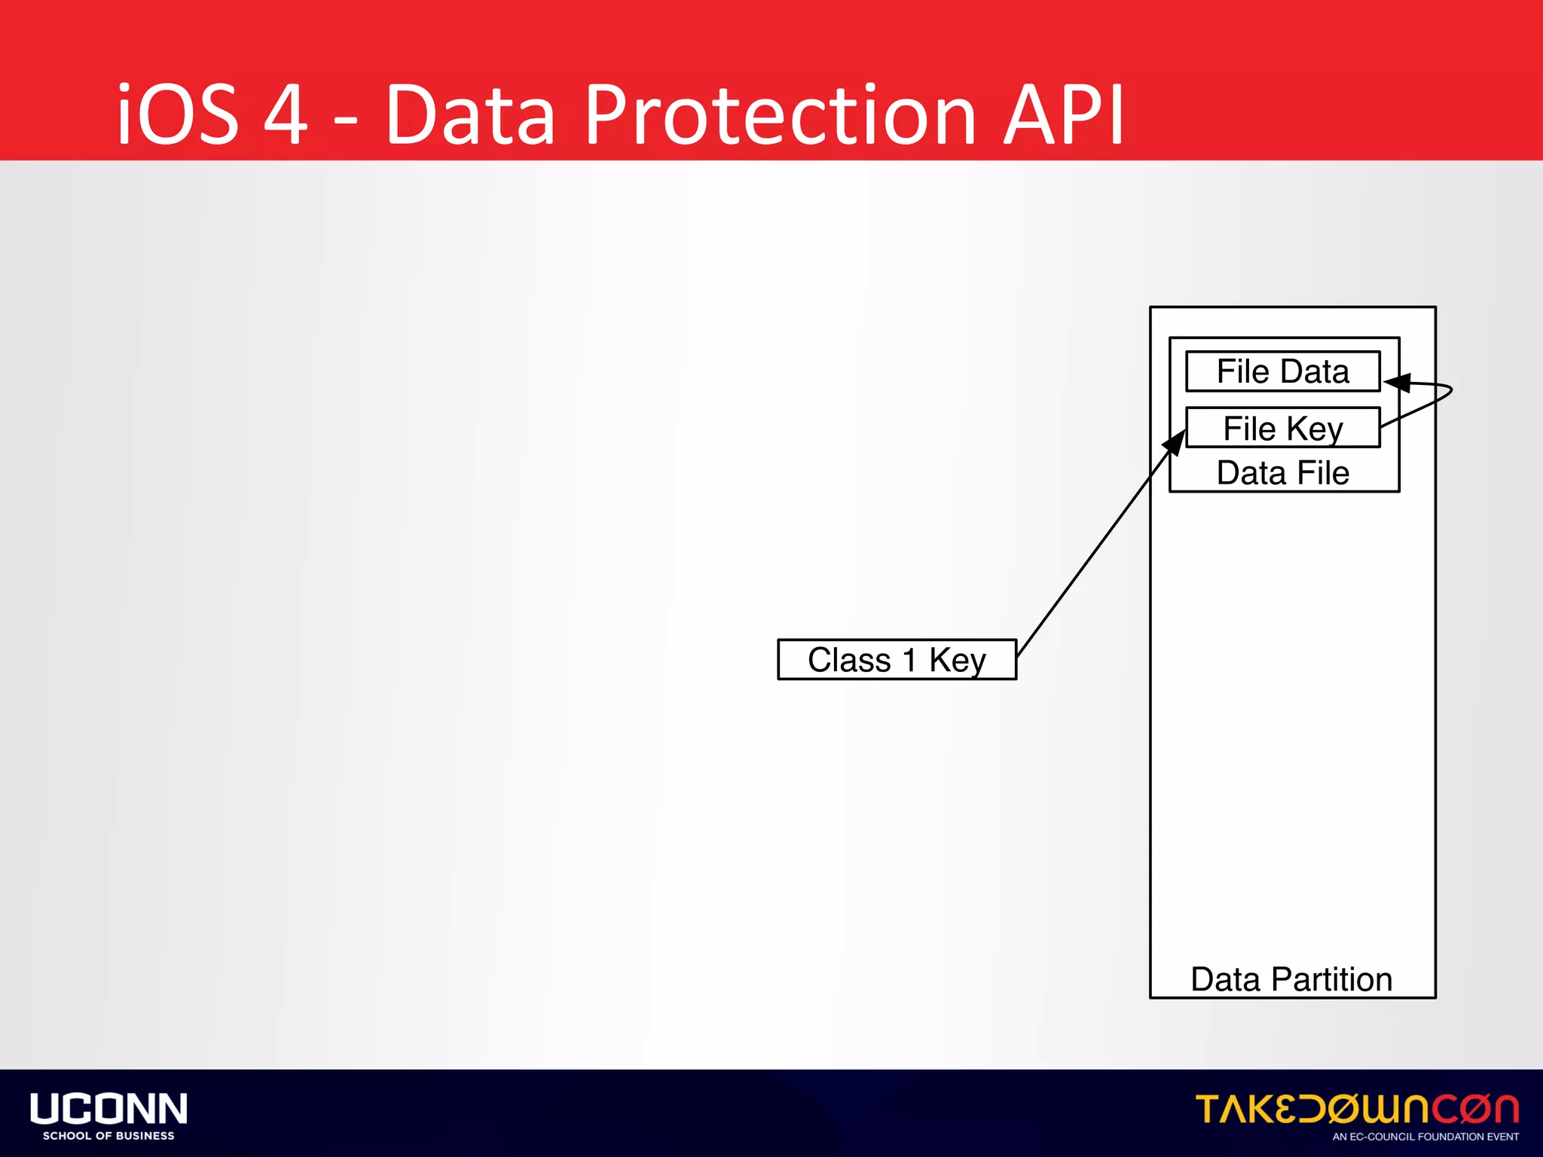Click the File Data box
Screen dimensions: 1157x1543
coord(1282,371)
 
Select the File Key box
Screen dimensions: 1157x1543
coord(1282,428)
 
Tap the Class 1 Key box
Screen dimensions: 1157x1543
coord(897,660)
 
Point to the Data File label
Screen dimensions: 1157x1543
coord(1282,473)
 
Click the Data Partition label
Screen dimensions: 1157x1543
coord(1291,979)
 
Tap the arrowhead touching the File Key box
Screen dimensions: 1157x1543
coord(1175,443)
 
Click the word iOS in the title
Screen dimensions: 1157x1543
coord(178,115)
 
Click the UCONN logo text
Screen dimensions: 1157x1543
coord(108,1109)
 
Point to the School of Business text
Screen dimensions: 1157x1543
coord(108,1136)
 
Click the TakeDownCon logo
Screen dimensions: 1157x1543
coord(1356,1109)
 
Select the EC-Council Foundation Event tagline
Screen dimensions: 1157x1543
coord(1425,1137)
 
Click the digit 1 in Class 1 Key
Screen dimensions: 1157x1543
coord(910,660)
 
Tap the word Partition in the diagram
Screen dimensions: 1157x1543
coord(1331,979)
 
